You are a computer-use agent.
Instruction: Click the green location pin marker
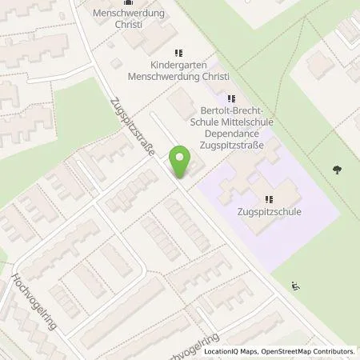tap(182, 162)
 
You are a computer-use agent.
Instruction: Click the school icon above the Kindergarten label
tap(177, 54)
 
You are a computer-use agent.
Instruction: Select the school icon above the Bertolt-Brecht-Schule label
tap(233, 100)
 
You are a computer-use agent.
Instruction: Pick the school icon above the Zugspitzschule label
tap(269, 200)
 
